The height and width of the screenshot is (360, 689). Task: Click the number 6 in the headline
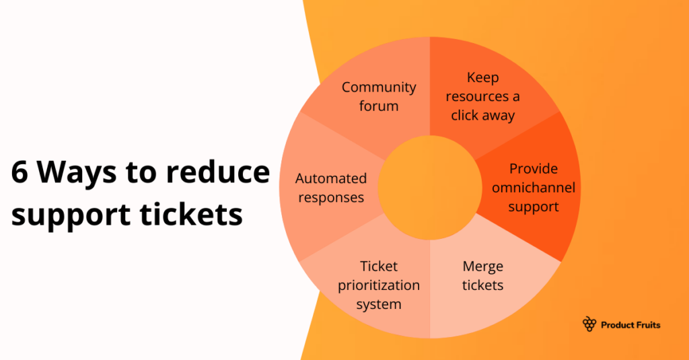pyautogui.click(x=20, y=174)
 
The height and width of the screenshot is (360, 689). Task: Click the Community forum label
pyautogui.click(x=379, y=96)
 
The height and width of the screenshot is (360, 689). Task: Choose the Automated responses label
pyautogui.click(x=331, y=188)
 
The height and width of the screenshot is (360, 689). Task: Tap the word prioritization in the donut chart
pyautogui.click(x=379, y=285)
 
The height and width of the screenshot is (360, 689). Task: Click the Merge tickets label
pyautogui.click(x=483, y=276)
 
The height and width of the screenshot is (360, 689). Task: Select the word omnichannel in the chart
pyautogui.click(x=534, y=188)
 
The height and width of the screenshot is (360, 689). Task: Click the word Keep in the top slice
pyautogui.click(x=483, y=77)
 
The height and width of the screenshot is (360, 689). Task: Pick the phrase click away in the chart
pyautogui.click(x=483, y=116)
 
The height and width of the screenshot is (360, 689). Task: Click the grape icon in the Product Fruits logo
pyautogui.click(x=589, y=324)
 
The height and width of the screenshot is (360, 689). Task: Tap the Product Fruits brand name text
pyautogui.click(x=630, y=325)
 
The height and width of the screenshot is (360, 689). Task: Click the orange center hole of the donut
pyautogui.click(x=429, y=187)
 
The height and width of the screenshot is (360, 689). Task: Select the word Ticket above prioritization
pyautogui.click(x=379, y=266)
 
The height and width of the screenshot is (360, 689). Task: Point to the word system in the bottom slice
pyautogui.click(x=379, y=304)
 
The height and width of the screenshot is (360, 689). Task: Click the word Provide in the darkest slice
pyautogui.click(x=534, y=168)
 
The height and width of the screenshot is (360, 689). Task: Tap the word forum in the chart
pyautogui.click(x=379, y=106)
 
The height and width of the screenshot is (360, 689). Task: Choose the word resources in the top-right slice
pyautogui.click(x=482, y=96)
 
